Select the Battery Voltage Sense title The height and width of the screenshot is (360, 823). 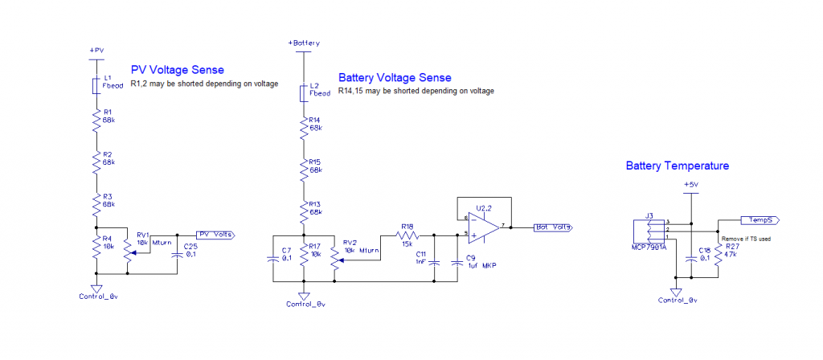pos(395,78)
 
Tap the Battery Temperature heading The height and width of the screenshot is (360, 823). pos(677,166)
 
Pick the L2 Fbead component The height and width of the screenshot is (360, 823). pos(303,93)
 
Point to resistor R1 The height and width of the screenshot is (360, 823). pos(96,121)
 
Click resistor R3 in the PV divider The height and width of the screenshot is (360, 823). pos(96,205)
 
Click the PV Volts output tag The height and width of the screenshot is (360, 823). pos(215,234)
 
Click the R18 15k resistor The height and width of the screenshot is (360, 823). pos(409,235)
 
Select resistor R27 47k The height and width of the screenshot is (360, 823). pos(717,255)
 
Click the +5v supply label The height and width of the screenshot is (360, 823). pos(690,184)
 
